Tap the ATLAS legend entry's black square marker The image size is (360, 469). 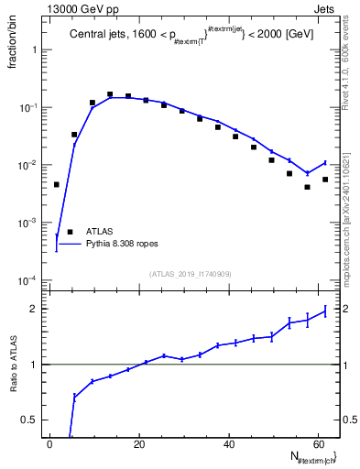(69, 232)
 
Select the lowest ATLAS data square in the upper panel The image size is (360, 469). (308, 187)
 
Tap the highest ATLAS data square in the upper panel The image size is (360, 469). (110, 94)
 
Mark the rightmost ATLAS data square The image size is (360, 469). (325, 180)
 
